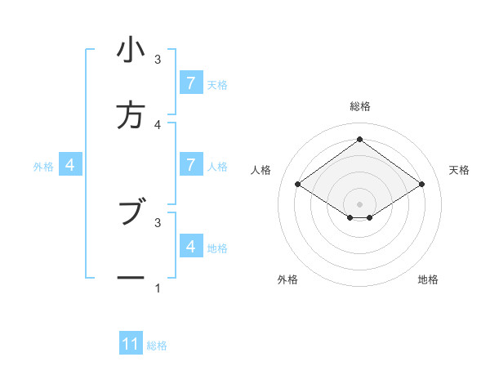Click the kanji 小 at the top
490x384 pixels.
point(131,51)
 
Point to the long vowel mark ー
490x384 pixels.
point(131,278)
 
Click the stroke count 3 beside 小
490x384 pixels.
point(158,60)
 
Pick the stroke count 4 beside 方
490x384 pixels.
point(158,124)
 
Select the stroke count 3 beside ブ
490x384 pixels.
point(158,221)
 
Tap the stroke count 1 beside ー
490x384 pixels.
point(158,288)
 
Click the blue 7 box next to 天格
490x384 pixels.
point(190,83)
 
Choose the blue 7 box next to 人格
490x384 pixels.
point(190,165)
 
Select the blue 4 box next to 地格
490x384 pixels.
point(190,246)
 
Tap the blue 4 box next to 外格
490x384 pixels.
point(69,165)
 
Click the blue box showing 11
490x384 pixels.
point(131,344)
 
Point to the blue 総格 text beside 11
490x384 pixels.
point(157,346)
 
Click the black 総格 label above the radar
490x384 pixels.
point(359,106)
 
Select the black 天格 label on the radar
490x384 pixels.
point(459,170)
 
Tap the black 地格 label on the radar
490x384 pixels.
point(428,279)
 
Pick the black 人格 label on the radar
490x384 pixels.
point(261,170)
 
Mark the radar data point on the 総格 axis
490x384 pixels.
point(359,139)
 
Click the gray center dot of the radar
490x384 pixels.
point(359,203)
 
